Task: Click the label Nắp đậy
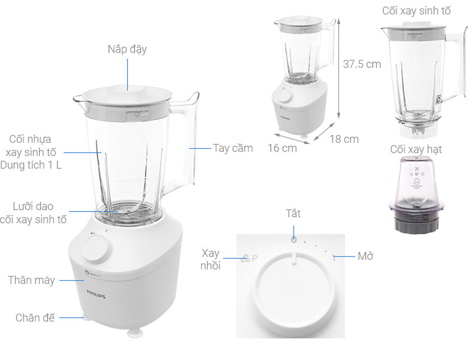click(x=127, y=49)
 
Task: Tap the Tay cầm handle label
click(x=233, y=148)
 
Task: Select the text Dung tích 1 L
click(x=31, y=166)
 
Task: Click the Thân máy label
click(x=31, y=280)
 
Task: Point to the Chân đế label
click(x=35, y=317)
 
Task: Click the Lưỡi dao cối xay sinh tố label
click(x=33, y=213)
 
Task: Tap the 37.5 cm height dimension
click(x=362, y=64)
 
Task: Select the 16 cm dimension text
click(x=282, y=148)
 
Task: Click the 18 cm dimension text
click(x=344, y=139)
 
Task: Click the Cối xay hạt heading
click(x=416, y=149)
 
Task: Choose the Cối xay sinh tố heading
click(x=416, y=11)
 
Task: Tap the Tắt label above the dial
click(x=293, y=213)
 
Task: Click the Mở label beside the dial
click(x=365, y=256)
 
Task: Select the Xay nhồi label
click(x=211, y=259)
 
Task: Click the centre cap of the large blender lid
click(x=127, y=92)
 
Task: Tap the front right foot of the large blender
click(x=137, y=333)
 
